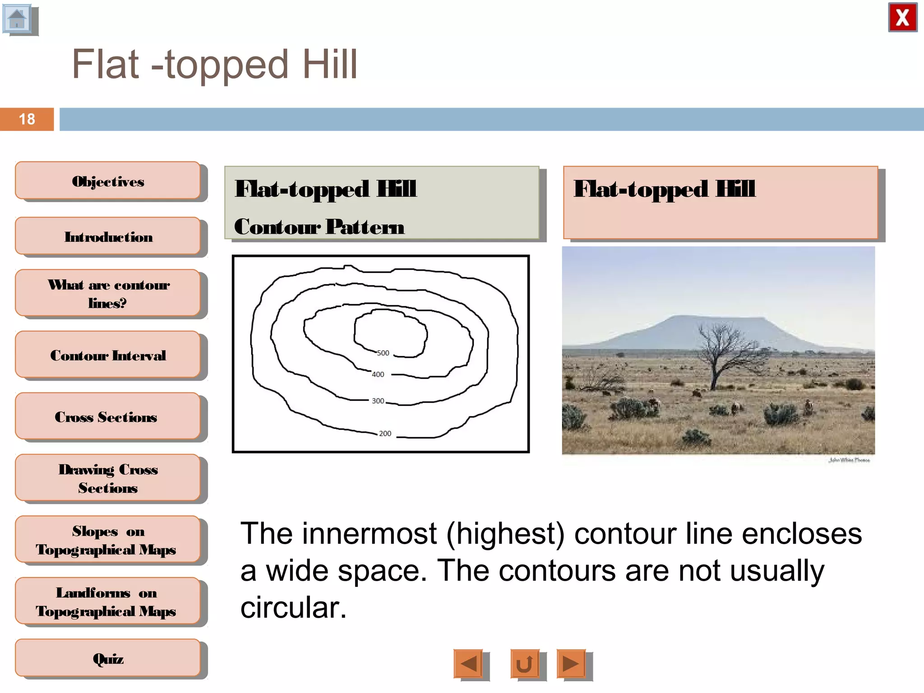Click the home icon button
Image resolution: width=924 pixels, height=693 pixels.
pyautogui.click(x=18, y=19)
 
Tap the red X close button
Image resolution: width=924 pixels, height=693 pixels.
pyautogui.click(x=902, y=18)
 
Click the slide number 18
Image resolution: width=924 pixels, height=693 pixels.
pyautogui.click(x=27, y=119)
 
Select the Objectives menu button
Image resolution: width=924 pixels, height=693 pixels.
pyautogui.click(x=108, y=181)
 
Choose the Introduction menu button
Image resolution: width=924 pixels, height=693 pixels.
pyautogui.click(x=108, y=236)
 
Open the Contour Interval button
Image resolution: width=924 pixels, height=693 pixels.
pyautogui.click(x=108, y=355)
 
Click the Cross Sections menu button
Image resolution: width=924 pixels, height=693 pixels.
pyautogui.click(x=106, y=416)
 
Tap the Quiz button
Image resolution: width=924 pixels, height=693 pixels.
pyautogui.click(x=108, y=658)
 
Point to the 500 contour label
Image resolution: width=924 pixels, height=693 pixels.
pyautogui.click(x=383, y=353)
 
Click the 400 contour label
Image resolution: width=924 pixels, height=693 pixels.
pyautogui.click(x=378, y=374)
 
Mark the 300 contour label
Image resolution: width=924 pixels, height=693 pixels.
pyautogui.click(x=378, y=401)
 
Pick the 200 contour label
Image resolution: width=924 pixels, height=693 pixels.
pyautogui.click(x=385, y=433)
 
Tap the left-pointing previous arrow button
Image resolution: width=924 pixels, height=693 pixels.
pyautogui.click(x=468, y=663)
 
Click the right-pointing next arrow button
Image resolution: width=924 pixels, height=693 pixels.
pyautogui.click(x=571, y=663)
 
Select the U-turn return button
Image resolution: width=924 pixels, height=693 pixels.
pyautogui.click(x=524, y=663)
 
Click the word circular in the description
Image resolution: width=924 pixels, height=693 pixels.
pyautogui.click(x=293, y=608)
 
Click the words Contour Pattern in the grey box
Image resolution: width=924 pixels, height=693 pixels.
pyautogui.click(x=319, y=226)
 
